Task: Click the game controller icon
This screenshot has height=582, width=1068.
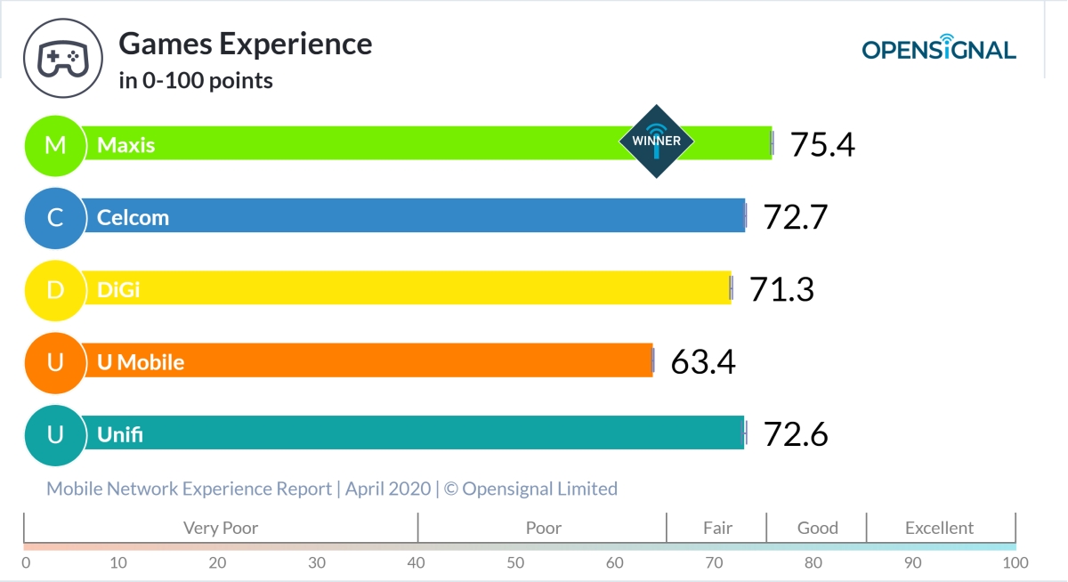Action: click(61, 59)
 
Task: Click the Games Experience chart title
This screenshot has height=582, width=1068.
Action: click(245, 44)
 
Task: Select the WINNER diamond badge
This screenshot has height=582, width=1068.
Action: click(656, 141)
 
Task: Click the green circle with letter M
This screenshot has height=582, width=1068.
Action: click(55, 144)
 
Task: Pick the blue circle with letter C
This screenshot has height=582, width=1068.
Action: click(55, 217)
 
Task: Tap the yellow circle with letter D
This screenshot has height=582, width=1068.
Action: click(55, 289)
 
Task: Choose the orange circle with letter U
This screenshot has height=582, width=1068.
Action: click(55, 362)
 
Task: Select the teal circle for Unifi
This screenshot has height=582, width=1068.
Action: click(55, 434)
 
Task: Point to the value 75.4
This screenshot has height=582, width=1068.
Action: click(822, 144)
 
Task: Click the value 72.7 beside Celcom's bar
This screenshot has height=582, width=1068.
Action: click(796, 217)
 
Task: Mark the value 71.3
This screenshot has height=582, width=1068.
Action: click(781, 289)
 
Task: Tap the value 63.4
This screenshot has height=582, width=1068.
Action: click(703, 362)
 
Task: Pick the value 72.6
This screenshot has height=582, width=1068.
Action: click(796, 434)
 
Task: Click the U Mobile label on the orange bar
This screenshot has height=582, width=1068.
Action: click(141, 362)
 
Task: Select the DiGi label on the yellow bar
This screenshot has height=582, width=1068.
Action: click(118, 289)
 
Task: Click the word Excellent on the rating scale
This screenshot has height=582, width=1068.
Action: click(939, 528)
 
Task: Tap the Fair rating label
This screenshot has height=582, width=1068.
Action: click(717, 528)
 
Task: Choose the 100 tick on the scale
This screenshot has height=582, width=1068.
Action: click(1015, 562)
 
